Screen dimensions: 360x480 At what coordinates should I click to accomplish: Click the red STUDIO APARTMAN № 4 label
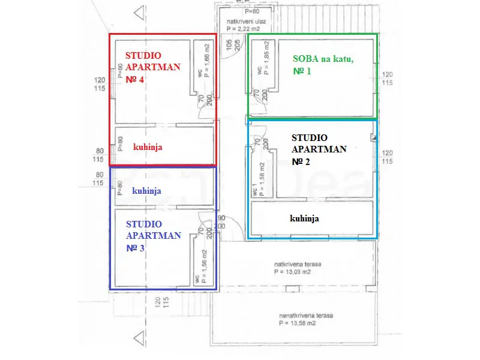152,67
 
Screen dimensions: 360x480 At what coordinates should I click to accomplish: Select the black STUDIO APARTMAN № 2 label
319,149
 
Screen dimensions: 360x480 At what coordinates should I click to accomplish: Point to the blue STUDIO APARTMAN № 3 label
153,235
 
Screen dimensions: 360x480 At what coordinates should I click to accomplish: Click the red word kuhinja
148,146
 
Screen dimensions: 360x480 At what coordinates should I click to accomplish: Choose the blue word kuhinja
147,190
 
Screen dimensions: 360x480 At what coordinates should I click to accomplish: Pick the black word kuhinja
304,218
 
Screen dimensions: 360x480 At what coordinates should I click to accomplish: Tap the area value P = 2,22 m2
246,28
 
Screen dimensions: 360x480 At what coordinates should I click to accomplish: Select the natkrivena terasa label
295,263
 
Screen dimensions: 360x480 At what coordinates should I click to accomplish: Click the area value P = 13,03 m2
295,271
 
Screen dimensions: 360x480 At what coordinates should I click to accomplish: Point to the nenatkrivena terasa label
306,316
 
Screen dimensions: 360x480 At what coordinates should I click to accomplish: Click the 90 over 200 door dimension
221,222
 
